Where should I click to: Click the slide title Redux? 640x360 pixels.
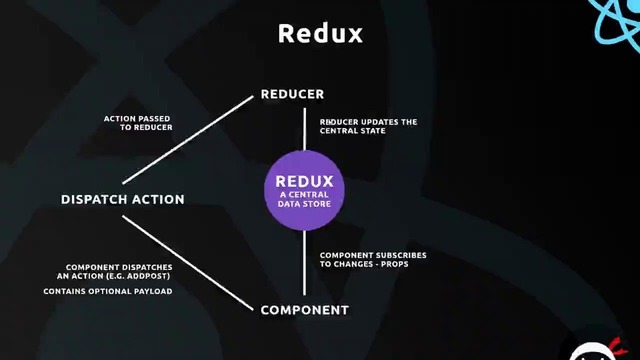(x=320, y=33)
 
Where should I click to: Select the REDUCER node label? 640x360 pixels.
(x=292, y=94)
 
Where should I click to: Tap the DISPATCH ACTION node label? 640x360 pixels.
(x=123, y=199)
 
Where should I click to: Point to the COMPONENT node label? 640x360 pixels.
(x=304, y=310)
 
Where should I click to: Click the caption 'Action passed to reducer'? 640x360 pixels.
(x=138, y=123)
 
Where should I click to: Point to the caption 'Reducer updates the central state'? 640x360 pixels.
(x=368, y=126)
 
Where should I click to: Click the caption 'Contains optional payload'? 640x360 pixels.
(x=108, y=291)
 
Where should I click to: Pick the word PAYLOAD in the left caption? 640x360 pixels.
(x=153, y=291)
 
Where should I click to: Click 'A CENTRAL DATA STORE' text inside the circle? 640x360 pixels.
(x=304, y=198)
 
